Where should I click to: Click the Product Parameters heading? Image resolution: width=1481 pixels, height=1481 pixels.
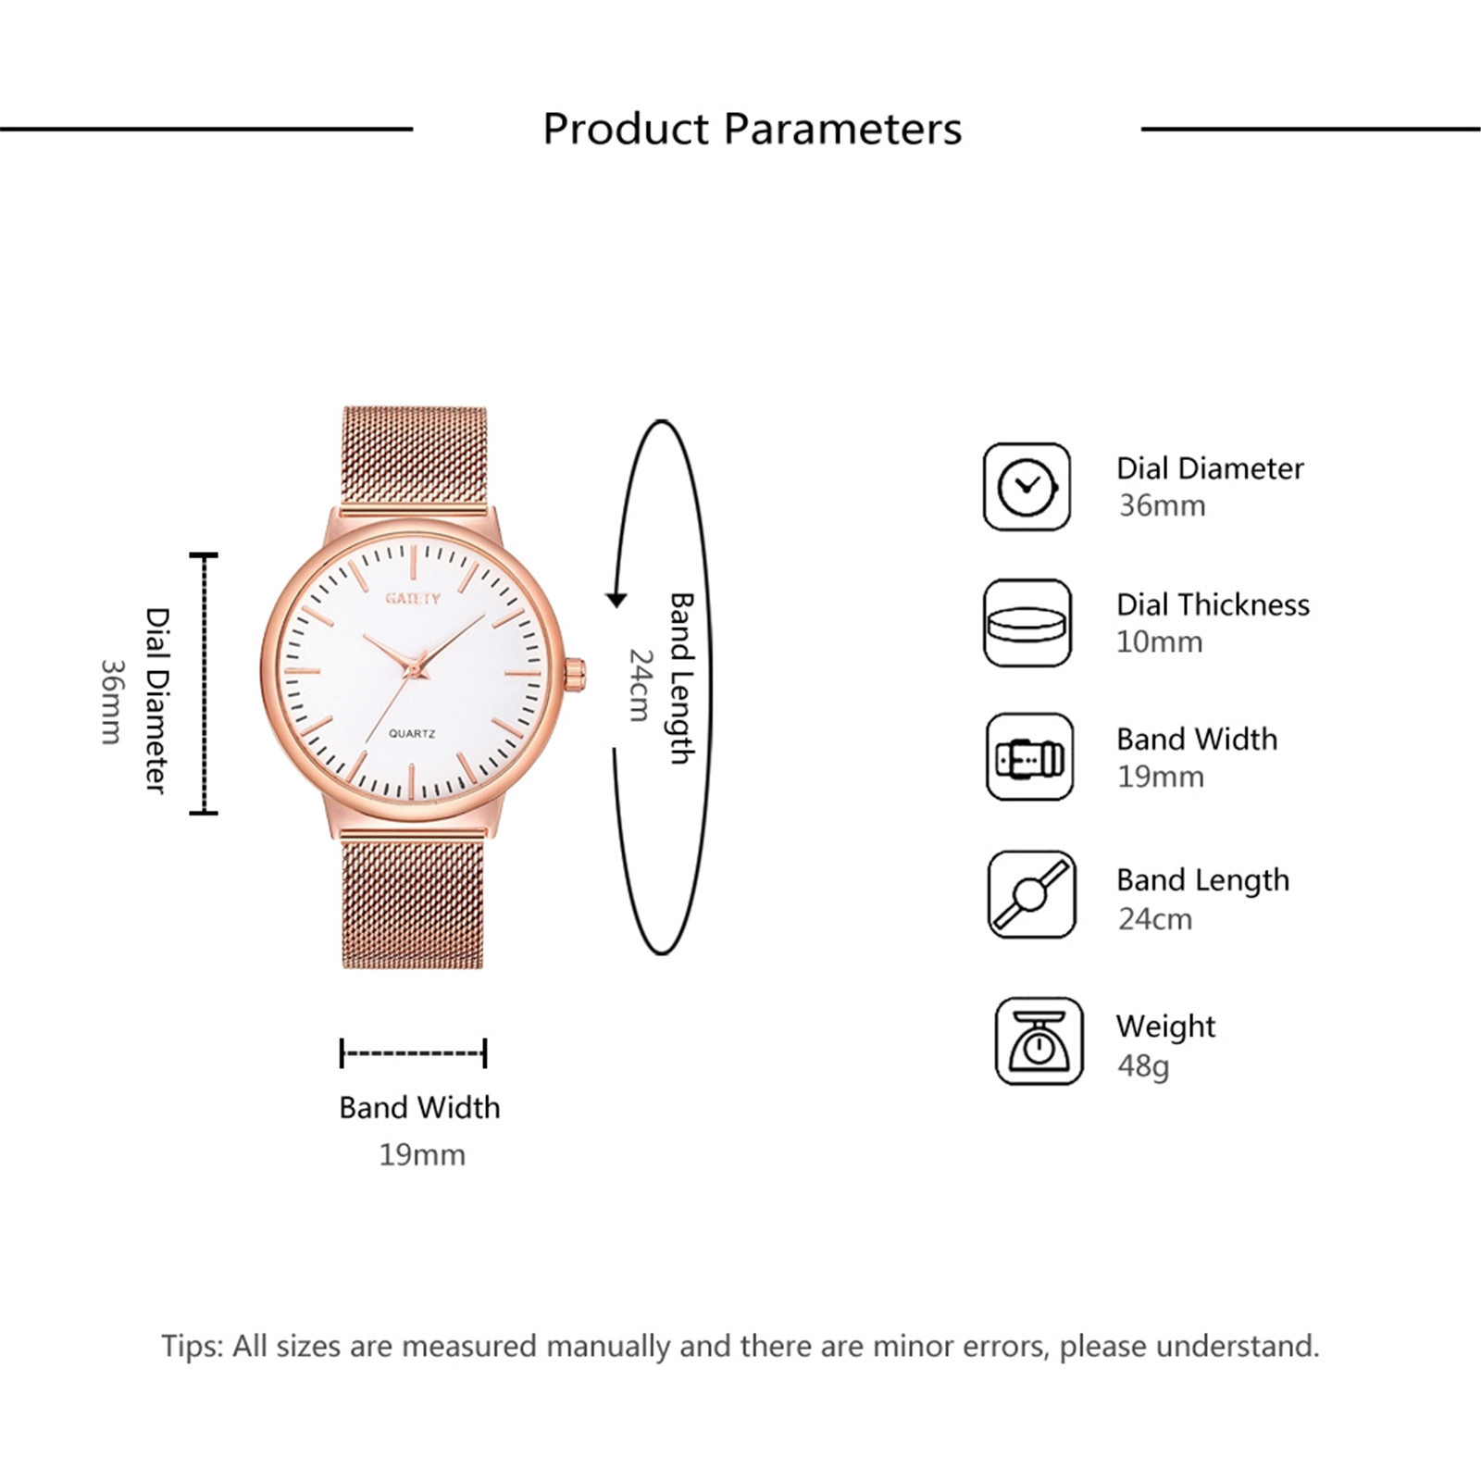pyautogui.click(x=752, y=129)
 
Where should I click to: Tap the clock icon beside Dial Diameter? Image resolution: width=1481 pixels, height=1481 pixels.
pyautogui.click(x=1027, y=486)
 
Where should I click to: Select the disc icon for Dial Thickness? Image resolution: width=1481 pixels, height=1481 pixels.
pyautogui.click(x=1027, y=623)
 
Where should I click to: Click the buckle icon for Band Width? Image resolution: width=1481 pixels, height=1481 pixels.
pyautogui.click(x=1029, y=757)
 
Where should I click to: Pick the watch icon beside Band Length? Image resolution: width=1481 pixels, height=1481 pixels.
pyautogui.click(x=1031, y=895)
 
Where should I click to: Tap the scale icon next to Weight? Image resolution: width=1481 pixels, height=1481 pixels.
pyautogui.click(x=1039, y=1041)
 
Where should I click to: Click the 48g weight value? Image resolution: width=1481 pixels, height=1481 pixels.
pyautogui.click(x=1143, y=1066)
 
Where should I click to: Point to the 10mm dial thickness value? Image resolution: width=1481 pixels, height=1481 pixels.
pyautogui.click(x=1159, y=641)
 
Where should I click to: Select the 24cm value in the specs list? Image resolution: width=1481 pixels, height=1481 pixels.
pyautogui.click(x=1154, y=919)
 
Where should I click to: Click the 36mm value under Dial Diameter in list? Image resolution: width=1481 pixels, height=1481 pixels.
pyautogui.click(x=1162, y=505)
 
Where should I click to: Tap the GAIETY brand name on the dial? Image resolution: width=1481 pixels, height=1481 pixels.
pyautogui.click(x=413, y=598)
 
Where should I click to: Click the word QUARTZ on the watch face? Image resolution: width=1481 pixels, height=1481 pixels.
pyautogui.click(x=412, y=734)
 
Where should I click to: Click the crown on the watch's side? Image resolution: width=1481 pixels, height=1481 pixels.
pyautogui.click(x=576, y=674)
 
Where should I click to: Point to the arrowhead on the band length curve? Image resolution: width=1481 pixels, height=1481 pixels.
pyautogui.click(x=616, y=600)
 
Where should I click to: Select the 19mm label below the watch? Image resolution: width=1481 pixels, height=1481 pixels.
pyautogui.click(x=422, y=1155)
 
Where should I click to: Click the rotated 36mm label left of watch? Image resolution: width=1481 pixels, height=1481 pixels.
pyautogui.click(x=111, y=701)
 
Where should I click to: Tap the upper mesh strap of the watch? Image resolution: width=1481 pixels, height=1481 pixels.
pyautogui.click(x=414, y=458)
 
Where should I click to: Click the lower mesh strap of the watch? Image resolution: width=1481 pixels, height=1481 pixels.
pyautogui.click(x=413, y=901)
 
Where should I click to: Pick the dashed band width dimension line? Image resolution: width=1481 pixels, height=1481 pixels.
pyautogui.click(x=413, y=1053)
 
